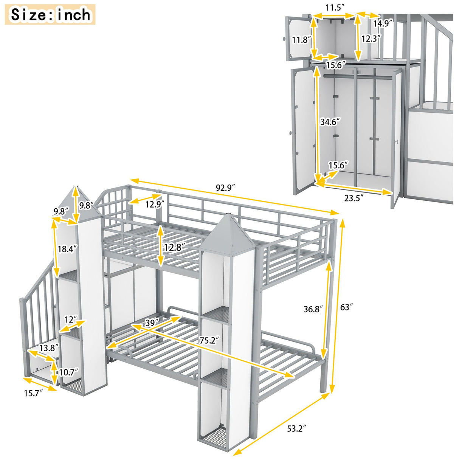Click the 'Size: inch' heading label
tap(50, 15)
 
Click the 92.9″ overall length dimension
tap(226, 187)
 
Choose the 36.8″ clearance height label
tap(313, 309)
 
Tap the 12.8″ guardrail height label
tap(174, 247)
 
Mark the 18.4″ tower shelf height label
tap(68, 249)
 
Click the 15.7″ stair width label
tap(34, 393)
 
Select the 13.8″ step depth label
tap(50, 348)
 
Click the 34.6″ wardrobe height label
tap(330, 122)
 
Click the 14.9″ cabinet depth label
tap(381, 23)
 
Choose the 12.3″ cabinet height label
tap(371, 38)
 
